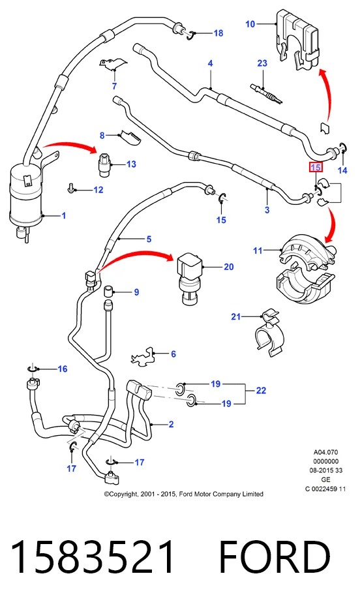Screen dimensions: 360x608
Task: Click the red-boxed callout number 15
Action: (316, 167)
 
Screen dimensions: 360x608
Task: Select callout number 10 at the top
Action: (250, 24)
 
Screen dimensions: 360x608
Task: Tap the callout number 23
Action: (262, 63)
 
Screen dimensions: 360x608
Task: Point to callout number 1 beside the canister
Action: (64, 215)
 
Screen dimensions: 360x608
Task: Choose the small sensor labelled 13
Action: (104, 165)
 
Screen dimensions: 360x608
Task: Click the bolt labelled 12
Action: (71, 188)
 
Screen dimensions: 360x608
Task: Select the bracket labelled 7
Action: (113, 65)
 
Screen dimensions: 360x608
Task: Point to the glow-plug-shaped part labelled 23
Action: (266, 94)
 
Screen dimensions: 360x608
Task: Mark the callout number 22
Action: (261, 391)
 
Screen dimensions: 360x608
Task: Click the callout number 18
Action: (218, 33)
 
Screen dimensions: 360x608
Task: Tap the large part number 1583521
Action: (92, 557)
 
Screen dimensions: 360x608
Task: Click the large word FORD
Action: (275, 557)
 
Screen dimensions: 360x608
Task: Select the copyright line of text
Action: (184, 494)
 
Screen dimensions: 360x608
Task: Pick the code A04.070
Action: (326, 452)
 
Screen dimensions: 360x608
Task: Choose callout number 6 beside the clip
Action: (173, 354)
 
